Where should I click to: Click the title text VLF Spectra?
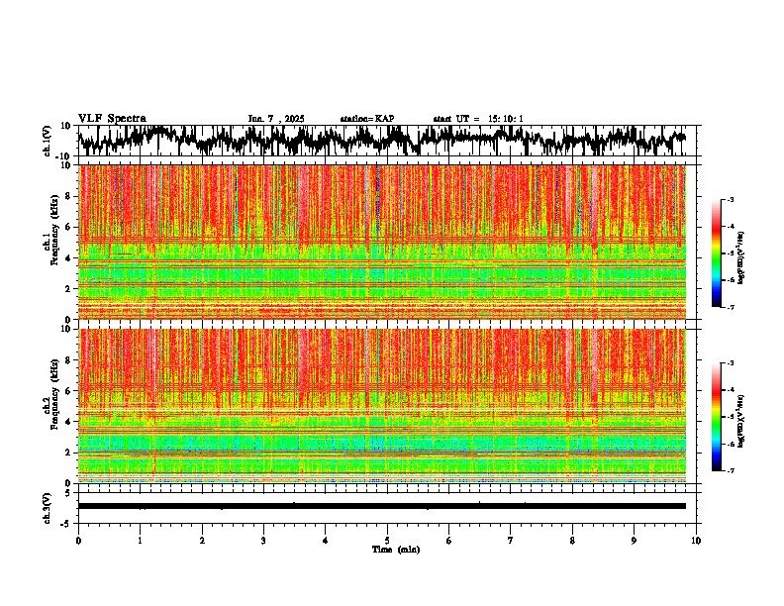coord(112,118)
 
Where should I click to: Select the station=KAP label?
coord(367,119)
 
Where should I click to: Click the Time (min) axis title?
coord(395,549)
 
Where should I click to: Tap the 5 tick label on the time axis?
coord(387,540)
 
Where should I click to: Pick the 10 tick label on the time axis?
coord(696,540)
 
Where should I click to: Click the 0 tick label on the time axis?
coord(78,540)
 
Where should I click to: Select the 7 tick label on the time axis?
coord(511,540)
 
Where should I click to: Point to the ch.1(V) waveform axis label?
coord(47,141)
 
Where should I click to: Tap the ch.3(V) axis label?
coord(47,506)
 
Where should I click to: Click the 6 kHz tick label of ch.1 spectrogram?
coord(69,227)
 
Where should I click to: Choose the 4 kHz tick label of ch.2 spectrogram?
coord(69,421)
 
